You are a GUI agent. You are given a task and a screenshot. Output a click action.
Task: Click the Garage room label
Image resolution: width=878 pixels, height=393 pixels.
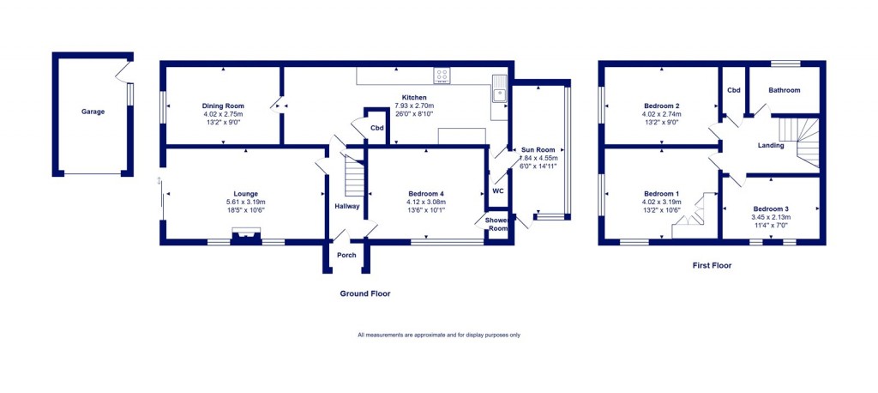[x=93, y=112]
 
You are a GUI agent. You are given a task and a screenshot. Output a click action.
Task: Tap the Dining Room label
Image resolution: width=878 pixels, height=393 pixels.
[x=223, y=106]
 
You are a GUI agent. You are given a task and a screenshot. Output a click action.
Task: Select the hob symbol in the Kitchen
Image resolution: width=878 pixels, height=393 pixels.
[x=443, y=76]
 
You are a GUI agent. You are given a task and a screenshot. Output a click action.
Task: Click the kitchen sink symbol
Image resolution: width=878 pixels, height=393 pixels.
[x=499, y=89]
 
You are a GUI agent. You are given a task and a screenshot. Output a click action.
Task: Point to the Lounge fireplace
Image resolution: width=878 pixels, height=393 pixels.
[x=246, y=234]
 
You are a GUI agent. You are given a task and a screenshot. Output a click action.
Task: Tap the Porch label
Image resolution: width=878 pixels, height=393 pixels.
[x=346, y=255]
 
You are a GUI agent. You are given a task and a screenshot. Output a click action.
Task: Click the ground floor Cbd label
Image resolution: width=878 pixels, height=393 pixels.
[x=376, y=128]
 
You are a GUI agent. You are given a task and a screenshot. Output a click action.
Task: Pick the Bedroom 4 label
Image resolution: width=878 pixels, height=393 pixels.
[x=428, y=194]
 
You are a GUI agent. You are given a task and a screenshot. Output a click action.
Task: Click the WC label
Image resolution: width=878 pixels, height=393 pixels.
[x=497, y=190]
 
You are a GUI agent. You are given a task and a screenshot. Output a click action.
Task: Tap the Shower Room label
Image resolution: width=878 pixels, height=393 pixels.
[x=496, y=223]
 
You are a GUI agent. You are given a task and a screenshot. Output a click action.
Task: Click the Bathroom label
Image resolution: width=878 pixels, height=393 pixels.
[x=784, y=90]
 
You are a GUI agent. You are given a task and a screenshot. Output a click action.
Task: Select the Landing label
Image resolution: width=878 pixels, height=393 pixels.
[x=770, y=145]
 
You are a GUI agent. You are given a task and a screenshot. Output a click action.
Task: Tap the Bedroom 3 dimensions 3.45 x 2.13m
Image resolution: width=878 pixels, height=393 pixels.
[x=771, y=218]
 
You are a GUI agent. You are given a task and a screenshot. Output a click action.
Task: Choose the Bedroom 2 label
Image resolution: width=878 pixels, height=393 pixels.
[x=660, y=106]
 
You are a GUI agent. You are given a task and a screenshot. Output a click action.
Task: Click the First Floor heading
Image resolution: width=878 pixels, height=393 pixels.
[x=712, y=266]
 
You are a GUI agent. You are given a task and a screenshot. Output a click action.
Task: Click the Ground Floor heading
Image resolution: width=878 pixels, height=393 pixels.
[x=364, y=293]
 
